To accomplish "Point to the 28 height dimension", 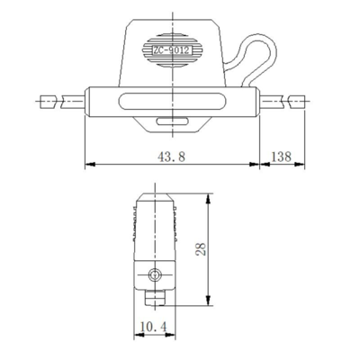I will pyautogui.click(x=200, y=248).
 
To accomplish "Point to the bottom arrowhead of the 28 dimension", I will pyautogui.click(x=210, y=301).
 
